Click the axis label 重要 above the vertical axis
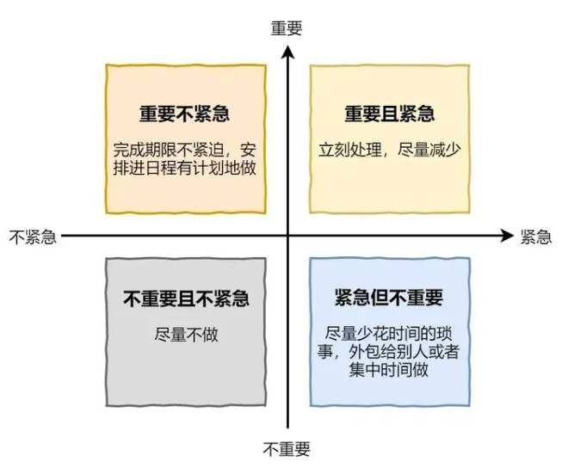(287, 28)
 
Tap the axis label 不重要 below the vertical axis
(287, 449)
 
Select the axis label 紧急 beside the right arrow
(536, 237)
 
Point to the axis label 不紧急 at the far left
(33, 237)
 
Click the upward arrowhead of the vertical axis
(288, 52)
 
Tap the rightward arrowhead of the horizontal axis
(507, 236)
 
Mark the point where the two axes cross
(288, 236)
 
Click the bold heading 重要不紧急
(185, 114)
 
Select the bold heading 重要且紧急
(390, 114)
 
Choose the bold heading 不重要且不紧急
(186, 299)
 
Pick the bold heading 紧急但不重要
(389, 298)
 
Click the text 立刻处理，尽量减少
(390, 150)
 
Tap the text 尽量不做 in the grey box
(186, 335)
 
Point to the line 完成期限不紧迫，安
(185, 150)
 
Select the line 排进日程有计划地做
(185, 168)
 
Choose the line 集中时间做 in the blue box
(389, 370)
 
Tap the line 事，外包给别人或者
(389, 352)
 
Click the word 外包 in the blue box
(364, 352)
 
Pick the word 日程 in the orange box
(161, 168)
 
